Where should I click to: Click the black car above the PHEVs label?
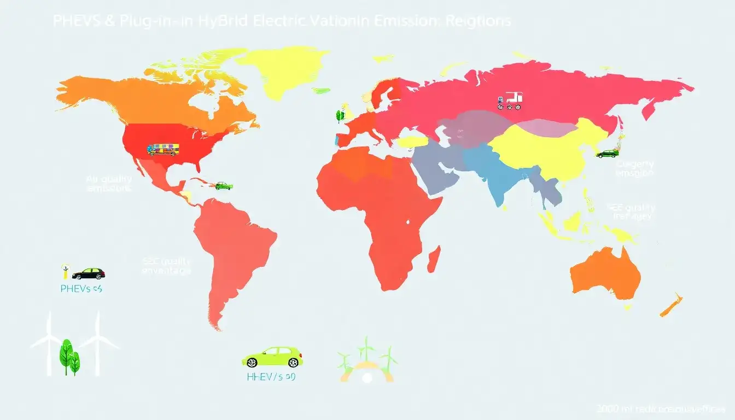click(88, 273)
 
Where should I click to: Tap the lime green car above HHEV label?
click(272, 357)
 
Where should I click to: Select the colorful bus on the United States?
click(163, 149)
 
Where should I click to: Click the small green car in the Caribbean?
click(223, 185)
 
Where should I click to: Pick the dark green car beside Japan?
click(607, 154)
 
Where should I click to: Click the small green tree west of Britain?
click(340, 115)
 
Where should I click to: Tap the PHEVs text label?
click(81, 288)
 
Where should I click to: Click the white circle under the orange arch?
click(366, 377)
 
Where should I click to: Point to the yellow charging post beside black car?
click(65, 271)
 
